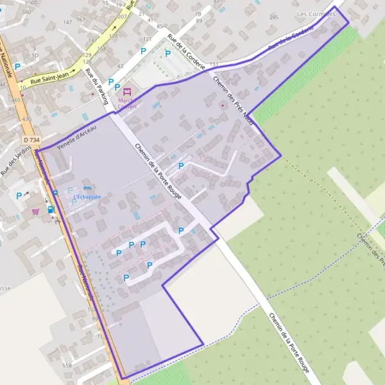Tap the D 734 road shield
coord(30,139)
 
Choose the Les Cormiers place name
coord(316,13)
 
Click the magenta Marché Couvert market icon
coord(126,91)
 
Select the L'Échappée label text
coord(87,196)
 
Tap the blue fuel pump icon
coord(51,209)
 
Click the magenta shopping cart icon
coord(36,210)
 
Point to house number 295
coord(274,17)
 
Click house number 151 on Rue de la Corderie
coord(214,65)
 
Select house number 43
coord(120,66)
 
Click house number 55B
coord(67,364)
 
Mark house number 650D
coord(31,3)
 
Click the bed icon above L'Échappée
coord(87,187)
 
